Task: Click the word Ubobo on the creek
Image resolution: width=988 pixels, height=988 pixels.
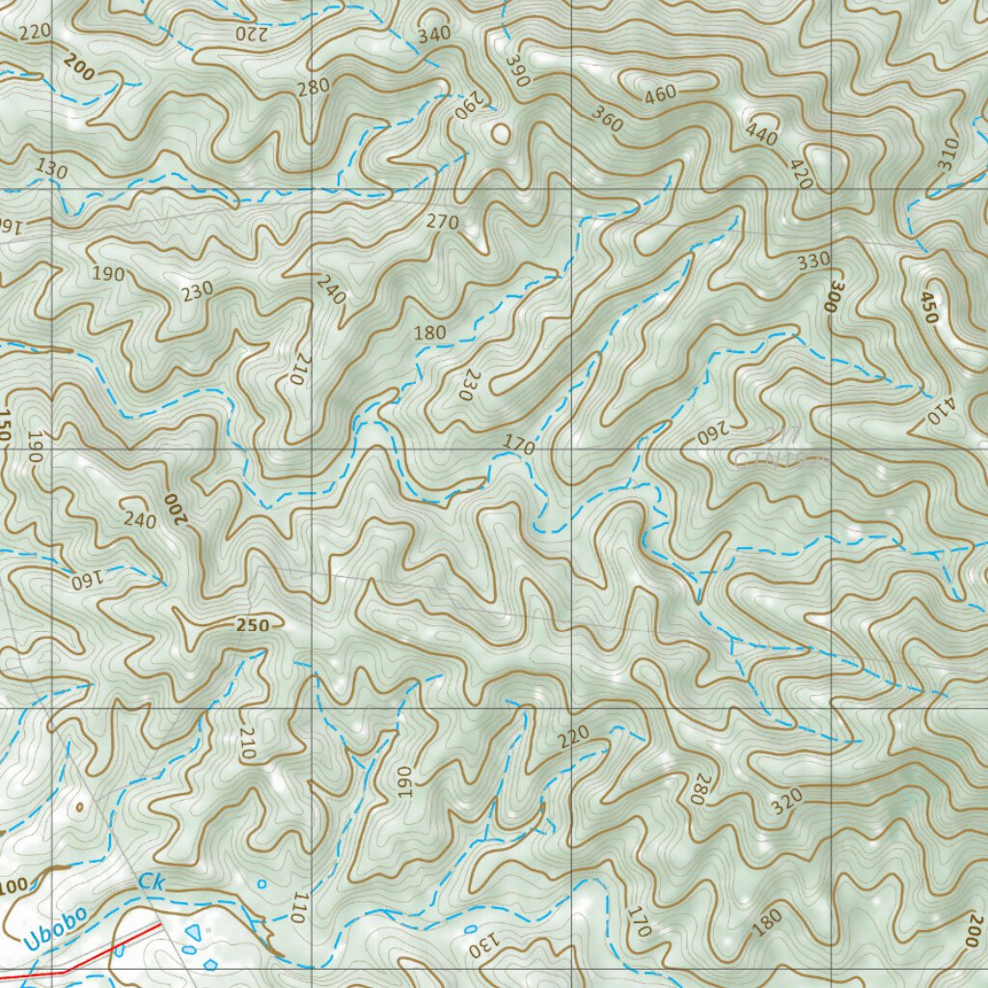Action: point(54,927)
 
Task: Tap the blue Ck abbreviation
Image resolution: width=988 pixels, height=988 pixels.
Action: point(151,881)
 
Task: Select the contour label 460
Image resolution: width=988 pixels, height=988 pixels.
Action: point(661,94)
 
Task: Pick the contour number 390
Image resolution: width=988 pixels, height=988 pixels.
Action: point(518,69)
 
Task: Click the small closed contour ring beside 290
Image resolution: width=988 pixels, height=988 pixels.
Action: point(500,133)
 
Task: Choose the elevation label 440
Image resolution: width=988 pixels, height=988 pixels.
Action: point(761,135)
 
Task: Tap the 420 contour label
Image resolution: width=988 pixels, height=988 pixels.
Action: point(800,173)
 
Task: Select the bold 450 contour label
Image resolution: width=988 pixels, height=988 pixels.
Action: point(929,308)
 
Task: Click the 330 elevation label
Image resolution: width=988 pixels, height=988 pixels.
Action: point(813,261)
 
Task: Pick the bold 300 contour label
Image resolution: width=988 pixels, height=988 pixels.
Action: point(834,296)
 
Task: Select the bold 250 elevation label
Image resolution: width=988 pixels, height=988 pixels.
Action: point(252,625)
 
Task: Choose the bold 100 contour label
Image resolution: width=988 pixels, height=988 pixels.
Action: point(14,887)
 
